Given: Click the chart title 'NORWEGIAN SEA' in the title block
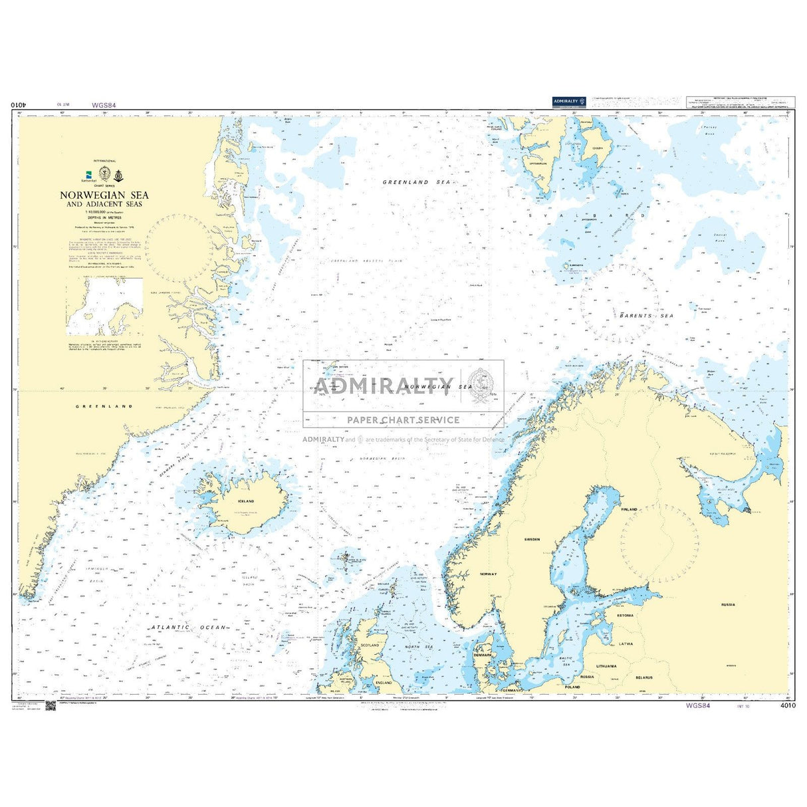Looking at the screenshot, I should click(x=104, y=195).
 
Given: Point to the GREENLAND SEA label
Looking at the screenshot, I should click(x=417, y=181).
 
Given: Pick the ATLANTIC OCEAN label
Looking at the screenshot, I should click(x=188, y=627).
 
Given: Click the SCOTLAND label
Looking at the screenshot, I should click(x=369, y=645).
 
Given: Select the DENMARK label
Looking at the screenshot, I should click(x=482, y=655).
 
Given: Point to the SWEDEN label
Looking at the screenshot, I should click(x=532, y=539).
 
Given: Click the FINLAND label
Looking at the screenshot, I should click(x=628, y=509).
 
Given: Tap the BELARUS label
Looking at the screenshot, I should click(x=643, y=677).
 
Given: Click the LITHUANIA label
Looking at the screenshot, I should click(x=606, y=665).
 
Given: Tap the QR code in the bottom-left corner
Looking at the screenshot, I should click(x=51, y=705).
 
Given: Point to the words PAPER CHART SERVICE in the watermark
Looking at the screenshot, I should click(x=403, y=419).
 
